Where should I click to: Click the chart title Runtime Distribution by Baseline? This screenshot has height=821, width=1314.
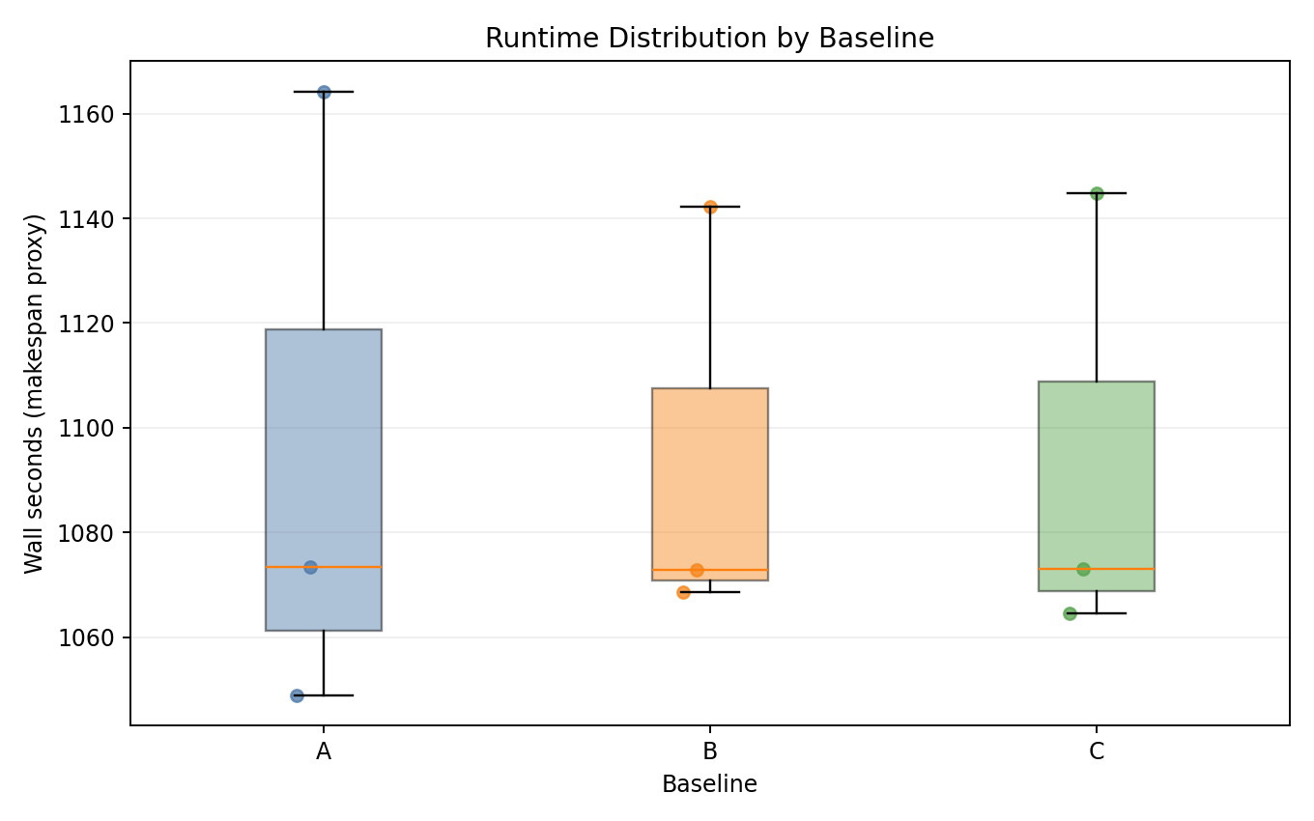click(709, 38)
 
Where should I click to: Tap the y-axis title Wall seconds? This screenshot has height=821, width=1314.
click(35, 393)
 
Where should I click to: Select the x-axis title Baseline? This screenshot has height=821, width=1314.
click(709, 784)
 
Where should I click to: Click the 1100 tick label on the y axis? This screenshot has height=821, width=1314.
click(94, 428)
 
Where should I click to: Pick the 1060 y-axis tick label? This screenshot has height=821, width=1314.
click(94, 637)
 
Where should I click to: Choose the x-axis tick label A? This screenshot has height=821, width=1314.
click(324, 751)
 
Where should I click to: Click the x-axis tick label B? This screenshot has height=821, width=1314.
click(710, 751)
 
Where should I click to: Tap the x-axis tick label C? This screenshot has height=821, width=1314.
click(1097, 751)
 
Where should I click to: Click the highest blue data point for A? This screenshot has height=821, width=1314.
click(324, 92)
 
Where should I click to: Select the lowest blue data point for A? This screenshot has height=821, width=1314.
click(297, 695)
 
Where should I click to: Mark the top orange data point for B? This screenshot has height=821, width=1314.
click(710, 207)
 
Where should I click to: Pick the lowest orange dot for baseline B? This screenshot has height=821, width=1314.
click(683, 592)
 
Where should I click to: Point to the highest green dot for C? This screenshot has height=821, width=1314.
click(1097, 193)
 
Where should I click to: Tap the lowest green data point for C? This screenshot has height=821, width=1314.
click(1070, 613)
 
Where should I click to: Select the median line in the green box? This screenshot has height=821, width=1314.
click(1126, 569)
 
